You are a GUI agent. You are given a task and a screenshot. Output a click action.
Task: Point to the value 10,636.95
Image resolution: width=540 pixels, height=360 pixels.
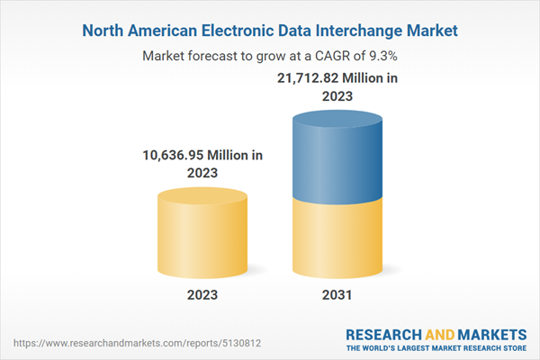178,155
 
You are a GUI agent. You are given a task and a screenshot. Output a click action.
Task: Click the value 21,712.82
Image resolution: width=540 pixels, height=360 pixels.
302,78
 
